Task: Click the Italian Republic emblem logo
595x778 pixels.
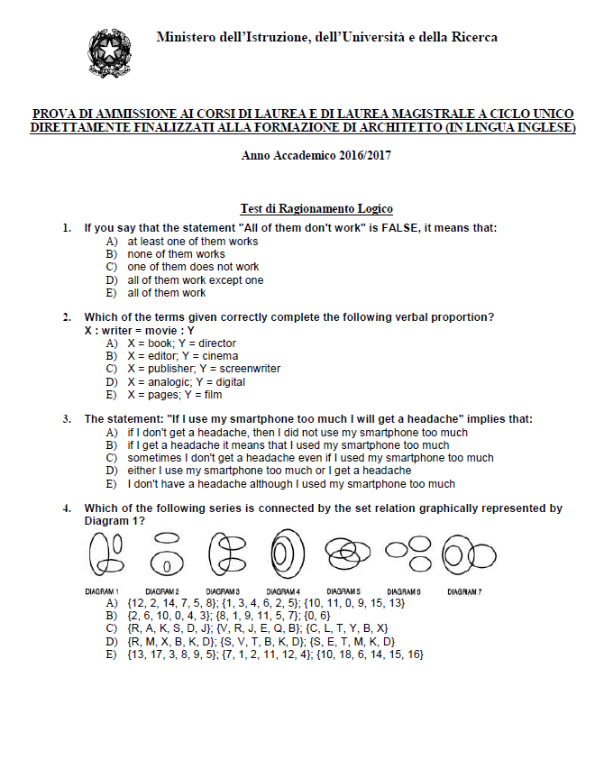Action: click(x=109, y=52)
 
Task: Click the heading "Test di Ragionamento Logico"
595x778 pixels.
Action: click(x=316, y=209)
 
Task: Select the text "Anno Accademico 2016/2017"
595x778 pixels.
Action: click(x=316, y=156)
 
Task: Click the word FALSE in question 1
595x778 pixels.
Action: click(x=402, y=228)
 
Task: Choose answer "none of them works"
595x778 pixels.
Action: click(x=176, y=254)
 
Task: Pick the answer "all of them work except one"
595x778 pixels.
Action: click(x=195, y=279)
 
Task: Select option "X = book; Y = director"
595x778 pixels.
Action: click(x=181, y=343)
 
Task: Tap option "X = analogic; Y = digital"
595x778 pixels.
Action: click(x=185, y=381)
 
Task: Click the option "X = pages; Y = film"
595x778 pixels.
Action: click(x=174, y=394)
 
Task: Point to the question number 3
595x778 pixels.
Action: click(x=67, y=419)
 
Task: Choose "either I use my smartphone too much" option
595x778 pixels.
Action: click(x=269, y=471)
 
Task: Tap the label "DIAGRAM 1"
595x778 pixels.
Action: click(x=104, y=590)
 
